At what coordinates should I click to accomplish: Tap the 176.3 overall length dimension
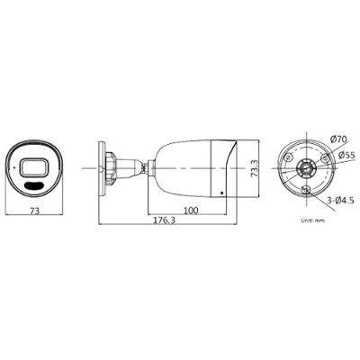pyautogui.click(x=163, y=220)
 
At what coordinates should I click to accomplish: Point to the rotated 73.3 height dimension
pyautogui.click(x=255, y=167)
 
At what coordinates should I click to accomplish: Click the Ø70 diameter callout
pyautogui.click(x=338, y=139)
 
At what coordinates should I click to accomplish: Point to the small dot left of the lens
pyautogui.click(x=14, y=168)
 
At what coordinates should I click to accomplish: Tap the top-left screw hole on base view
pyautogui.click(x=290, y=156)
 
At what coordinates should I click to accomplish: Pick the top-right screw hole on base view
pyautogui.click(x=323, y=156)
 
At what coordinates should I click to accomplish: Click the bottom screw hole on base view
pyautogui.click(x=307, y=189)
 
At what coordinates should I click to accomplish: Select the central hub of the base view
pyautogui.click(x=307, y=167)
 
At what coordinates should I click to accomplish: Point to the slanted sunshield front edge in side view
pyautogui.click(x=231, y=167)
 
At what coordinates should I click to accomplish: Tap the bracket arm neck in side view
pyautogui.click(x=126, y=167)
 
